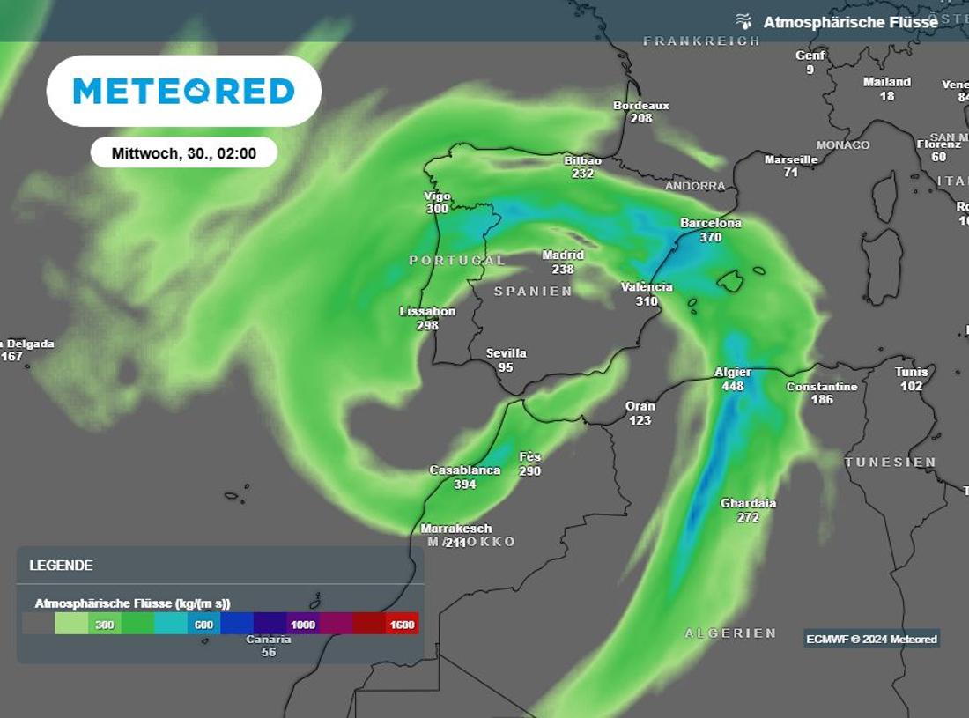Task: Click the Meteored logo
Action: [183, 91]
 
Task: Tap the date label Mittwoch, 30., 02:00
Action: [183, 153]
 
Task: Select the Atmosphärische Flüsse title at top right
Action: [850, 22]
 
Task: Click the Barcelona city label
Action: [710, 223]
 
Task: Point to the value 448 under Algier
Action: [732, 386]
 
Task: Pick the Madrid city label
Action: [563, 255]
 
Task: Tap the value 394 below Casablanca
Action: [464, 485]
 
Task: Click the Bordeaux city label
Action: [641, 105]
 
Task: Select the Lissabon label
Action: [427, 311]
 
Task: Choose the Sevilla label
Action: [506, 353]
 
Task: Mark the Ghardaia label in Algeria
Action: [748, 503]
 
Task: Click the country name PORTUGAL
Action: [457, 261]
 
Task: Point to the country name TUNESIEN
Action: [891, 463]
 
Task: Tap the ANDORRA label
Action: [695, 186]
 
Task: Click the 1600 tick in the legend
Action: [402, 625]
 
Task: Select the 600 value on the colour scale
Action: [204, 625]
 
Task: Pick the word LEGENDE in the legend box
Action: [61, 566]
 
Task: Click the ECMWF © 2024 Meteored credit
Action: [871, 639]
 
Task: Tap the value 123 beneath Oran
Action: [640, 420]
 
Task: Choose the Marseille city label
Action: [791, 159]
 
